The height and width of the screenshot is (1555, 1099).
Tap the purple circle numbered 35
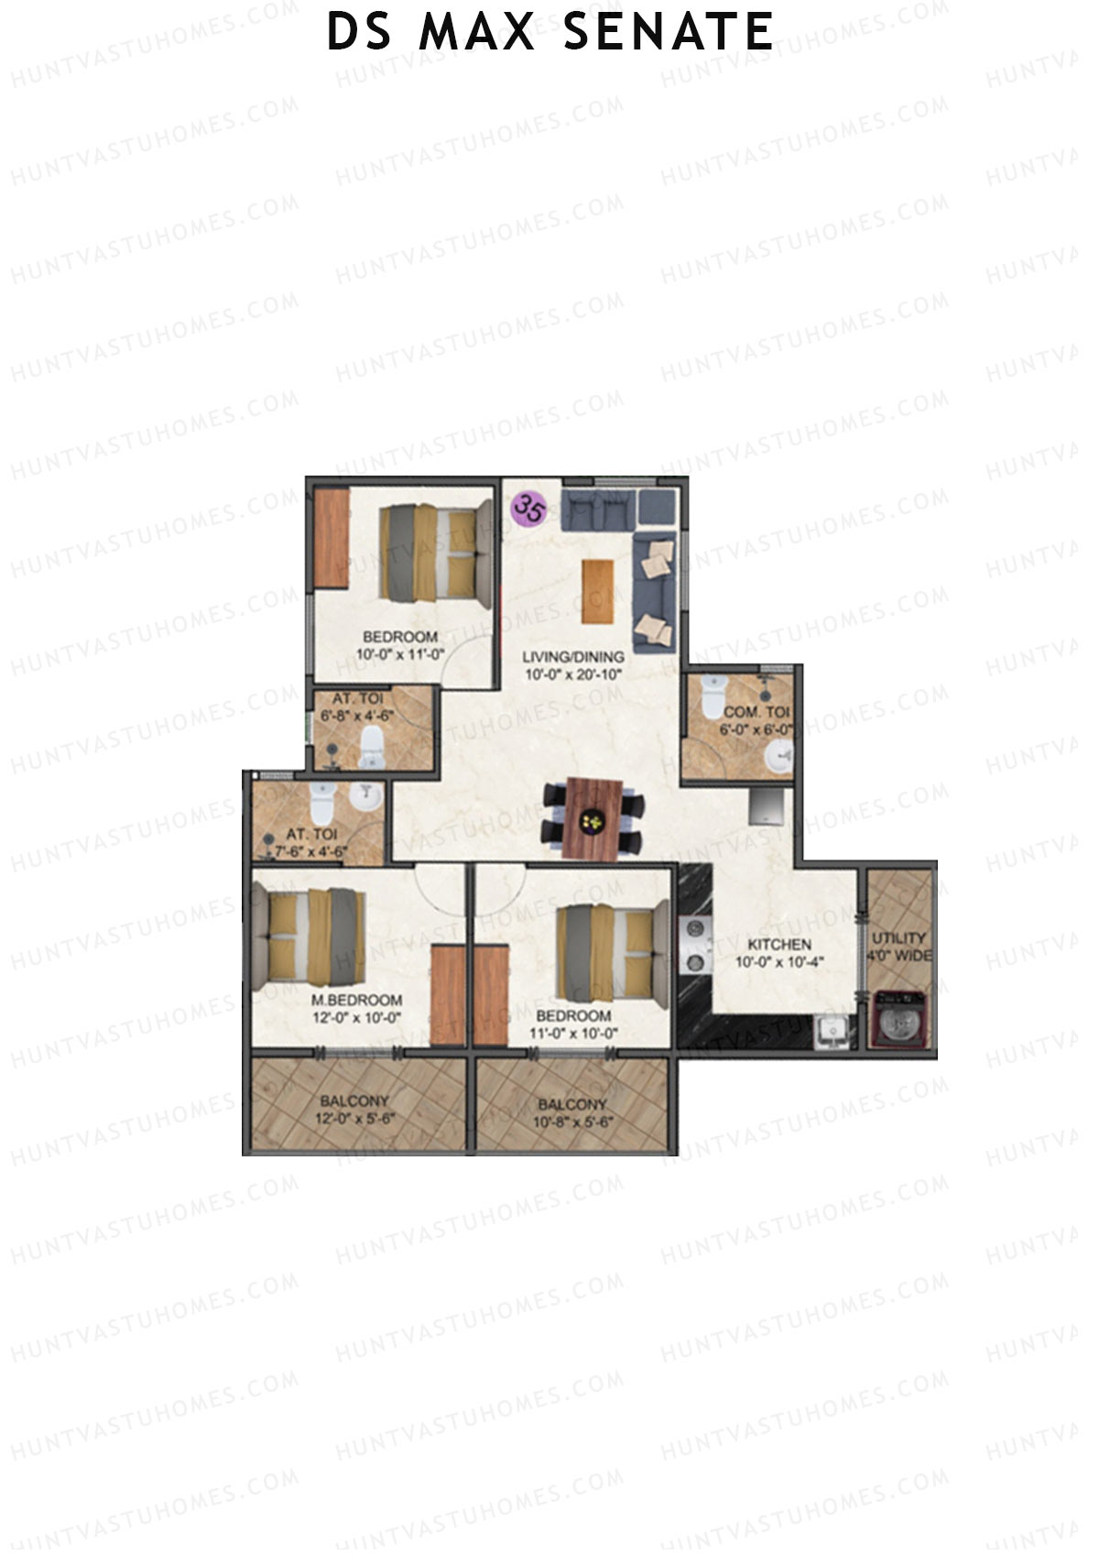[x=528, y=508]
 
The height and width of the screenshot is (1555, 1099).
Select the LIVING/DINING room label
[x=573, y=657]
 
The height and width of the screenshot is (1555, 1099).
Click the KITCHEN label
[x=779, y=945]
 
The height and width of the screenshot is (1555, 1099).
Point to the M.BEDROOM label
[x=356, y=1001]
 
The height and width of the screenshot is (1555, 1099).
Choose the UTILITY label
[x=898, y=938]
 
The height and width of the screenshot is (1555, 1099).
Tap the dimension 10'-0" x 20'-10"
[x=573, y=674]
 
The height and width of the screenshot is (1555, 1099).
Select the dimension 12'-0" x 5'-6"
[x=354, y=1118]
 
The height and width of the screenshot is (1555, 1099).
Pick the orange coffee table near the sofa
[x=597, y=591]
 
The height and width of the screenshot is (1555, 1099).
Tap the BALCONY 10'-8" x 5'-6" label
[x=572, y=1113]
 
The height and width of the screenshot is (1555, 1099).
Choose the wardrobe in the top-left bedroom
[x=332, y=537]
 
